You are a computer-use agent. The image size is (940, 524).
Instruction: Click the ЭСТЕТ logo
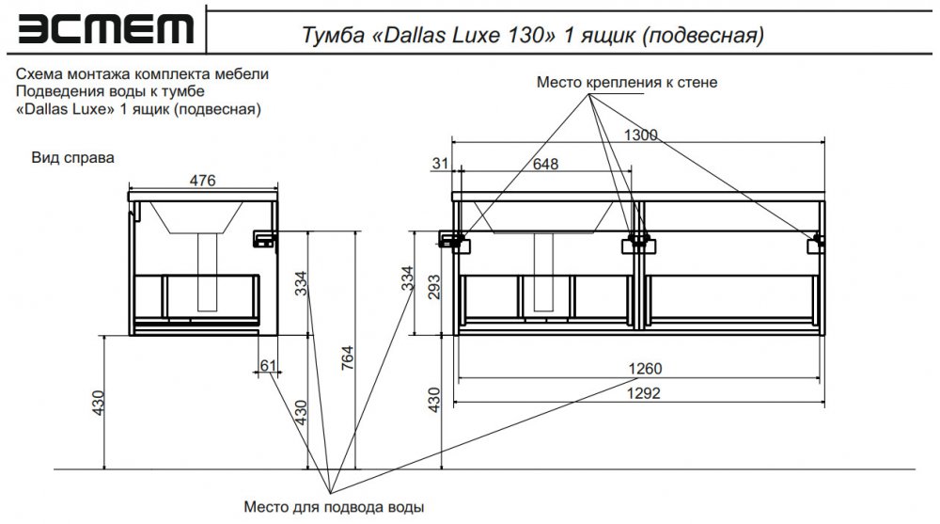(105, 29)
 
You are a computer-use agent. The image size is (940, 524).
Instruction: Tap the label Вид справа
(72, 158)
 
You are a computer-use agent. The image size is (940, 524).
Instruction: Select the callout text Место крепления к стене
(626, 82)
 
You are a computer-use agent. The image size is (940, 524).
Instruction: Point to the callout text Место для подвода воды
(334, 507)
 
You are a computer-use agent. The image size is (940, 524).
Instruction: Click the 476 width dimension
(203, 180)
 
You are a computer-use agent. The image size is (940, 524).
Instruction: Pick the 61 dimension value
(269, 365)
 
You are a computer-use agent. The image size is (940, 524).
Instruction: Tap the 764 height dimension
(347, 357)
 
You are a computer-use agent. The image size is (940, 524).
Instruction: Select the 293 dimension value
(434, 287)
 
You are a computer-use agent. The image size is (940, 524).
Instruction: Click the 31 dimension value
(440, 164)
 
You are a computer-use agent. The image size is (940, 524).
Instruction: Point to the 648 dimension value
(545, 164)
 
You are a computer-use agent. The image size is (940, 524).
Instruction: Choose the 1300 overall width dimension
(641, 135)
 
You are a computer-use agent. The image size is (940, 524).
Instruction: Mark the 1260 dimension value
(645, 369)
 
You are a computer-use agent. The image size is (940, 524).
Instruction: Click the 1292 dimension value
(644, 393)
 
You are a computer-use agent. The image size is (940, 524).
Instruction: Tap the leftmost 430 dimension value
(99, 403)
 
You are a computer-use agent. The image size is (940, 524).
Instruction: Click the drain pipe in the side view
(208, 272)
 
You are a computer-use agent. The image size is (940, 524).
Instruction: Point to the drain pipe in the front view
(543, 272)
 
